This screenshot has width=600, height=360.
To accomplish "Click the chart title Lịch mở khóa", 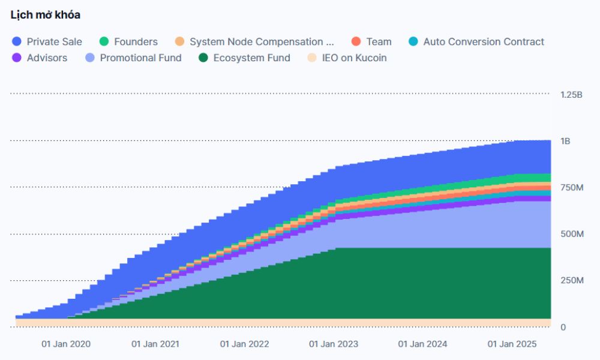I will (x=46, y=15).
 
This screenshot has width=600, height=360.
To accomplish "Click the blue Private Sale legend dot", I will (x=17, y=41).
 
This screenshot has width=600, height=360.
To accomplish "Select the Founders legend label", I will (x=136, y=41).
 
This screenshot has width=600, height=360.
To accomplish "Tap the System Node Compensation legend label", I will (x=262, y=41).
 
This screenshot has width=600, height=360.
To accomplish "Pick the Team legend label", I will (x=379, y=41).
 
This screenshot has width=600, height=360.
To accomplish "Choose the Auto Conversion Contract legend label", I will (x=484, y=41).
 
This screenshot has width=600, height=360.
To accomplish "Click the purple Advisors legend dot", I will (x=17, y=58).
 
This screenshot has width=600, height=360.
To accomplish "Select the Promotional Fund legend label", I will (x=140, y=58).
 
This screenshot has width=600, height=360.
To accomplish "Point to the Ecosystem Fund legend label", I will (x=251, y=58).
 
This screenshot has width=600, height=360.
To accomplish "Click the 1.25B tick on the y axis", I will (x=571, y=95).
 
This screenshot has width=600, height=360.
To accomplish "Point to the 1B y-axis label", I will (x=565, y=141).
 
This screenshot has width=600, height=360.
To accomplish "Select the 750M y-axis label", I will (x=572, y=188).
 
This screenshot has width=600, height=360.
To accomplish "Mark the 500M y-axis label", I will (x=572, y=234).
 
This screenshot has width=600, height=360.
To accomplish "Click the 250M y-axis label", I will (x=572, y=281).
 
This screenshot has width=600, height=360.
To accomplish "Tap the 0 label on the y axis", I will (x=563, y=327).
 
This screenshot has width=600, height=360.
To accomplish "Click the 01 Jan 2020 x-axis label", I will (x=66, y=344).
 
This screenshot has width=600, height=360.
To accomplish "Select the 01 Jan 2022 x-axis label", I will (x=244, y=344).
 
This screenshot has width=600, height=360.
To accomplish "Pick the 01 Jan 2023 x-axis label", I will (x=334, y=344).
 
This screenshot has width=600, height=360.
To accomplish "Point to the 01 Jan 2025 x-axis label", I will (x=511, y=344).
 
